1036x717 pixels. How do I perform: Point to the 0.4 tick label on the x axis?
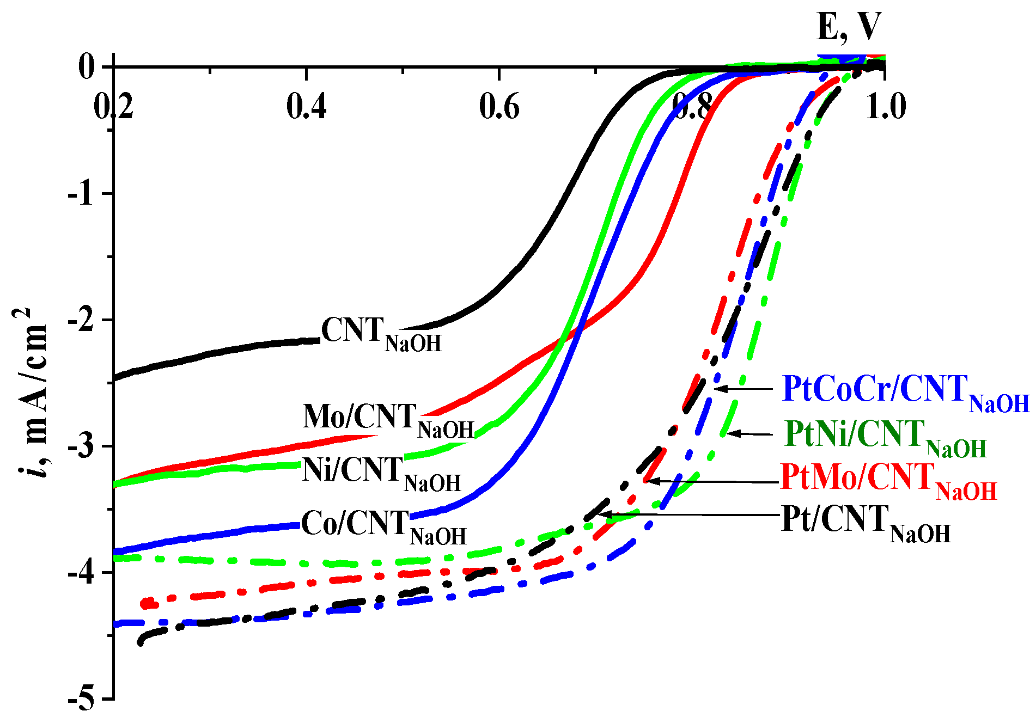[x=306, y=107]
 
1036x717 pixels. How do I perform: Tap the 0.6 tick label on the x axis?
[x=499, y=107]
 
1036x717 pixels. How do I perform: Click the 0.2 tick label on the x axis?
[x=113, y=107]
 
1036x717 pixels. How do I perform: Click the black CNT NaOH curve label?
[x=381, y=334]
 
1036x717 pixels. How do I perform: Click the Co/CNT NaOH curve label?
[x=383, y=527]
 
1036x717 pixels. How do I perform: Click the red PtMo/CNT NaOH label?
[x=888, y=481]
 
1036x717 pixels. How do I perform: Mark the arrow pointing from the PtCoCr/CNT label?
[x=744, y=389]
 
